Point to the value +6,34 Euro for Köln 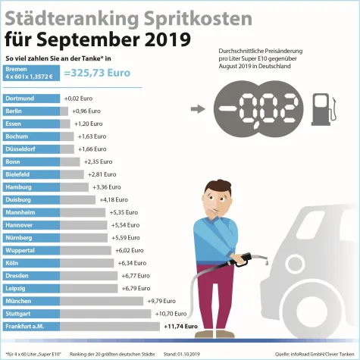pos(133,263)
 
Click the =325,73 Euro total pos(97,74)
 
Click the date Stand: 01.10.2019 pos(181,354)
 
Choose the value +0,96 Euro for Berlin pos(87,111)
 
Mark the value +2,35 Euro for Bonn pos(97,161)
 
